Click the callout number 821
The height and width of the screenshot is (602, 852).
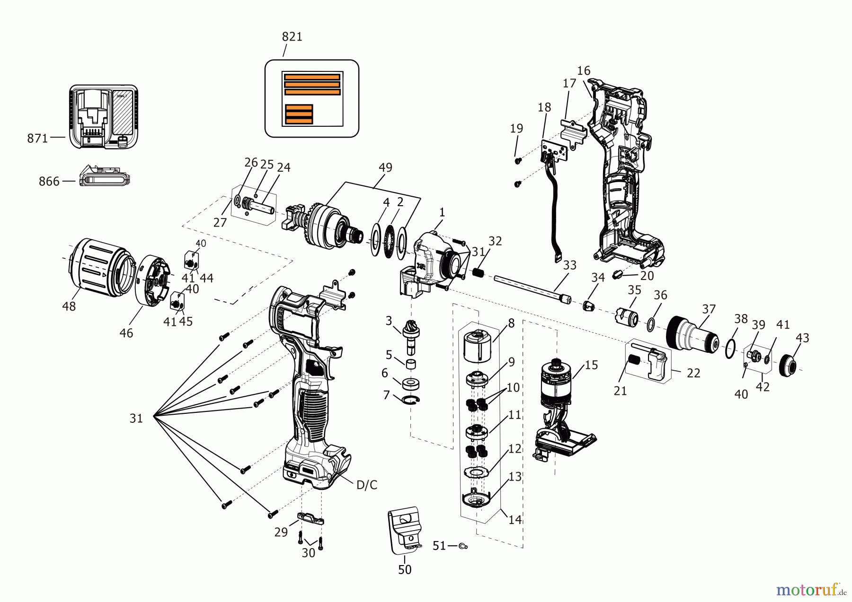pyautogui.click(x=292, y=37)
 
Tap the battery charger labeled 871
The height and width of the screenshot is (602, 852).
pyautogui.click(x=104, y=117)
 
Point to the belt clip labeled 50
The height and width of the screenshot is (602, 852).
pyautogui.click(x=405, y=530)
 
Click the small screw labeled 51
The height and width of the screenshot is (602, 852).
pyautogui.click(x=463, y=546)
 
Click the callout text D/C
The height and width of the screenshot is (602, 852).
pyautogui.click(x=366, y=485)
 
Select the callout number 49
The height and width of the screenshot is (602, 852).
pyautogui.click(x=385, y=167)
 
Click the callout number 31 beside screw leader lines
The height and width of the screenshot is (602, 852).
pyautogui.click(x=136, y=418)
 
